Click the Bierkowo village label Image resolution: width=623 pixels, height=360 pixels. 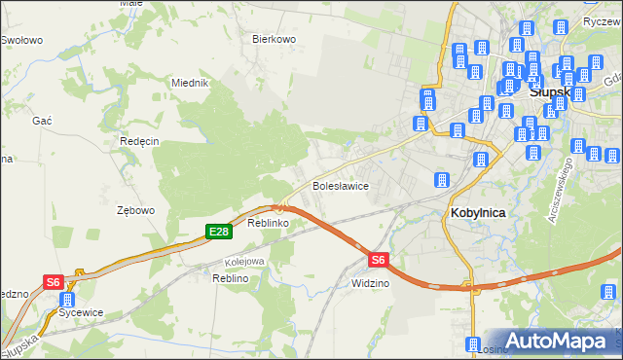[x=274, y=39]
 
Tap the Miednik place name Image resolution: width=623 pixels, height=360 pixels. [x=190, y=83]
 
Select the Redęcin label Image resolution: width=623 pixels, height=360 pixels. [x=139, y=140]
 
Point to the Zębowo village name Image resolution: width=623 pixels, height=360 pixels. [x=135, y=210]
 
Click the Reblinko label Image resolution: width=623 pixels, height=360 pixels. [x=269, y=223]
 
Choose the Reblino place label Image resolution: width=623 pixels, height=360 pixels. [x=232, y=278]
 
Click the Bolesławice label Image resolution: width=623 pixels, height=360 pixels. [x=339, y=185]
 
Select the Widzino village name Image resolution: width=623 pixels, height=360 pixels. [x=371, y=282]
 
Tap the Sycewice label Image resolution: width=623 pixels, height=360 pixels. [x=81, y=312]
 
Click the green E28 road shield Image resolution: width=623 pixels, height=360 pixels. [x=218, y=231]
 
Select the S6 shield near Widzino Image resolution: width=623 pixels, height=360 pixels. [x=378, y=259]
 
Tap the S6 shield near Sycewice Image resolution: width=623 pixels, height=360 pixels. [x=54, y=282]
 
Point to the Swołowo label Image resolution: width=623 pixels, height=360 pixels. [x=20, y=40]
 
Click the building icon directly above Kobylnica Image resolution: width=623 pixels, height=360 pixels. [x=441, y=181]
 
